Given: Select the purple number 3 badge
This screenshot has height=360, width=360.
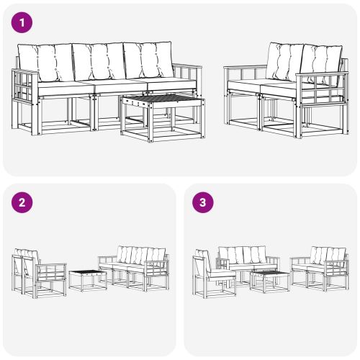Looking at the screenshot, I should coord(203,202).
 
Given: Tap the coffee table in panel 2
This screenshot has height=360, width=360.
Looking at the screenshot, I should coord(88,278).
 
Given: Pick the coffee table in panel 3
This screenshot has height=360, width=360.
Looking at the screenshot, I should coord(270,279).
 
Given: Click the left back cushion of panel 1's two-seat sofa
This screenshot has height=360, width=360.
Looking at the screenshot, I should coord(285,62).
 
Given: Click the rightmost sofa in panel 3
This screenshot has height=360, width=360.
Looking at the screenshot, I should coord(320,266).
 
